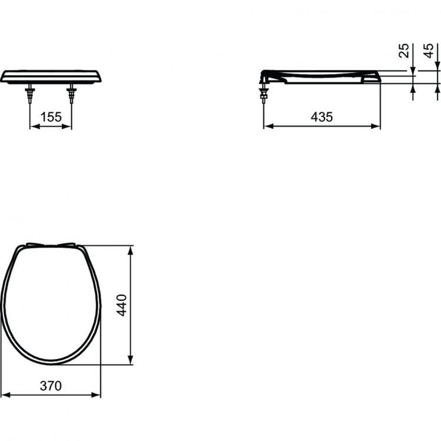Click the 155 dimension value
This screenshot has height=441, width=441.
click(x=51, y=117)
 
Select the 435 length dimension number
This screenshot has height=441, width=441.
click(x=322, y=117)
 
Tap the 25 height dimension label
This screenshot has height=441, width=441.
click(x=404, y=52)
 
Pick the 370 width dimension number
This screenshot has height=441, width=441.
click(x=51, y=386)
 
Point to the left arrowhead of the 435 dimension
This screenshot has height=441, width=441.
click(x=267, y=125)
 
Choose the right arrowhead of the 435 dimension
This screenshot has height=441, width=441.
click(x=377, y=125)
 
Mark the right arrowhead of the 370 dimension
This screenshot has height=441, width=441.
click(x=98, y=394)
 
